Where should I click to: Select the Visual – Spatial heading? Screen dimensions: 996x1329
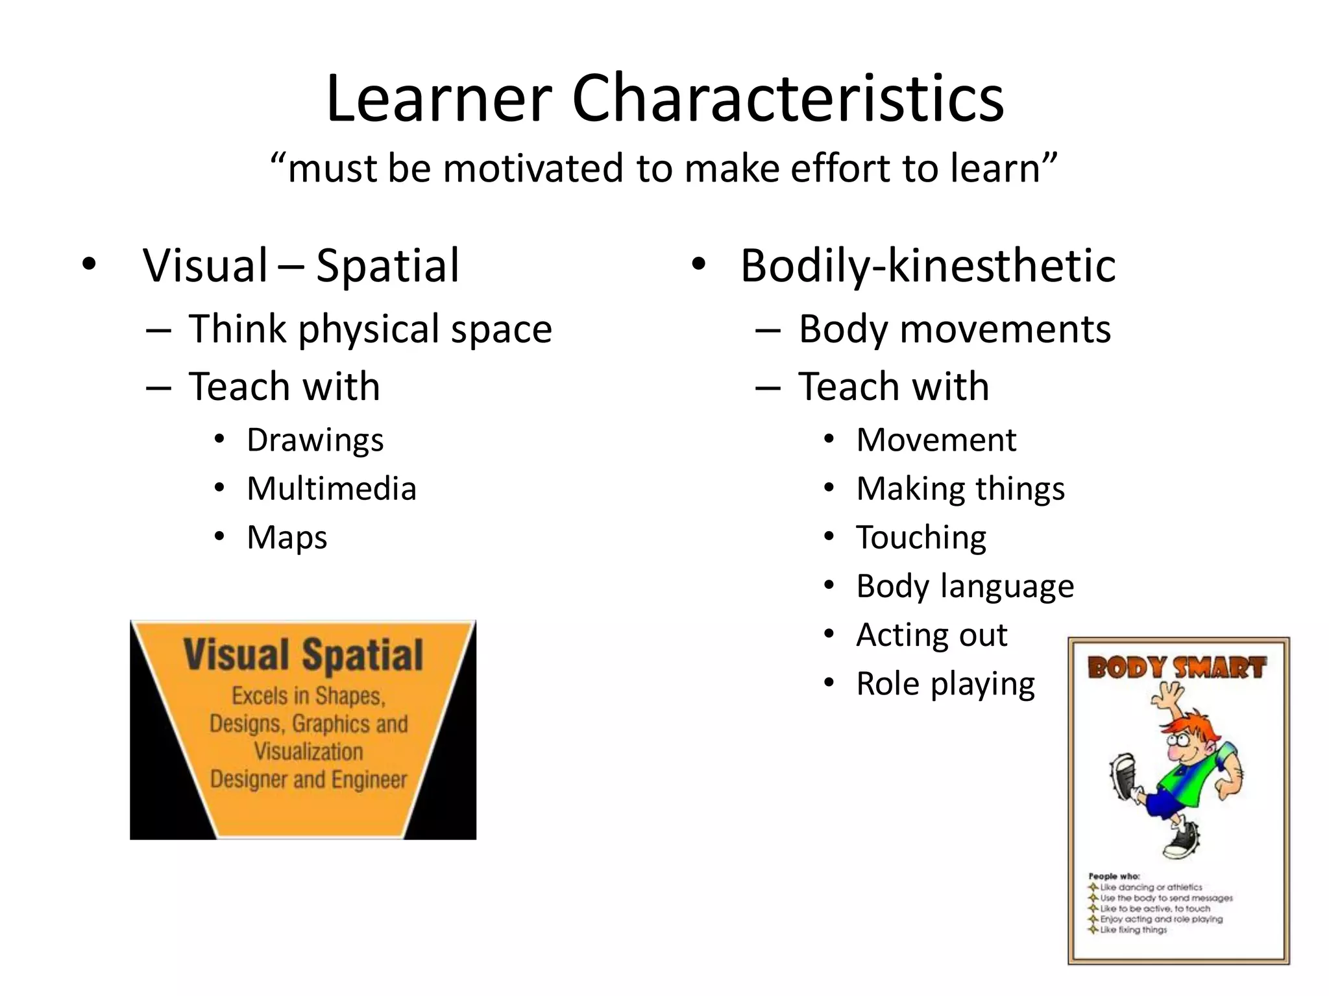click(301, 265)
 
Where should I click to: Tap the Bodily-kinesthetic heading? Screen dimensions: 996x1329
click(927, 265)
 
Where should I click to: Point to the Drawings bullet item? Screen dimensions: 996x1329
click(315, 440)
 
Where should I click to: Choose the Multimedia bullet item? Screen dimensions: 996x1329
click(332, 489)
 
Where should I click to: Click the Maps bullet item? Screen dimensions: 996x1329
click(287, 538)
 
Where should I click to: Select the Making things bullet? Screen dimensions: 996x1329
click(960, 489)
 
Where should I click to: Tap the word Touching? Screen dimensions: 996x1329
click(921, 538)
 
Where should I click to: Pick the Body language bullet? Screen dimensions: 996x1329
click(965, 586)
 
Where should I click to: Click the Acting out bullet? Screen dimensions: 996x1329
click(932, 635)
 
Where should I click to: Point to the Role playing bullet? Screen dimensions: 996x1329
click(945, 683)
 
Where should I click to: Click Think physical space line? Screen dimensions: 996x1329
click(370, 329)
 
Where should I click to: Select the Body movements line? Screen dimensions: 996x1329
click(955, 329)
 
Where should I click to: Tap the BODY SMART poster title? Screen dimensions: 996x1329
click(1177, 667)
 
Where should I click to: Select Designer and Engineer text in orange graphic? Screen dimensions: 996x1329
click(308, 779)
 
